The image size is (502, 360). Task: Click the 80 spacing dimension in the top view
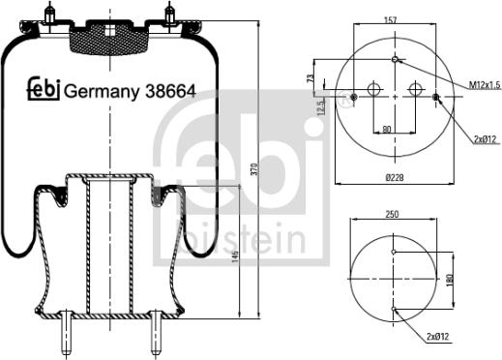click(387, 128)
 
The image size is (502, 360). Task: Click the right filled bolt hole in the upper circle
click(436, 97)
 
